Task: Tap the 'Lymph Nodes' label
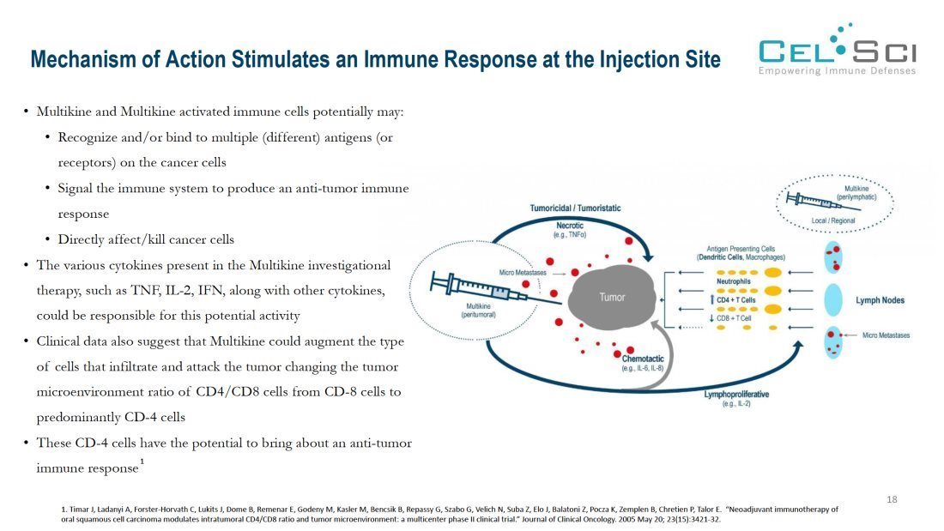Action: (880, 300)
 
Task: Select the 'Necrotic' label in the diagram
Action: (570, 225)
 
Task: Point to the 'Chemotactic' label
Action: (641, 359)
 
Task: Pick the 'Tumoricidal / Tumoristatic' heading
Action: (575, 208)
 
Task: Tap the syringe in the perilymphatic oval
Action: (811, 201)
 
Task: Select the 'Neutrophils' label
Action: (734, 281)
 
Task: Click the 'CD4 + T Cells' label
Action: (735, 299)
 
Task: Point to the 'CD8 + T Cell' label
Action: (735, 318)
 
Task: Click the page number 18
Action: (892, 499)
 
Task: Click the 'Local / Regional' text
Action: (832, 221)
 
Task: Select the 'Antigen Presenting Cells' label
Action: (741, 248)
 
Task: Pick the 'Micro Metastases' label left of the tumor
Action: (521, 273)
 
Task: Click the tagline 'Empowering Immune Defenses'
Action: (837, 70)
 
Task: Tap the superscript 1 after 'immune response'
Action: (142, 462)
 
